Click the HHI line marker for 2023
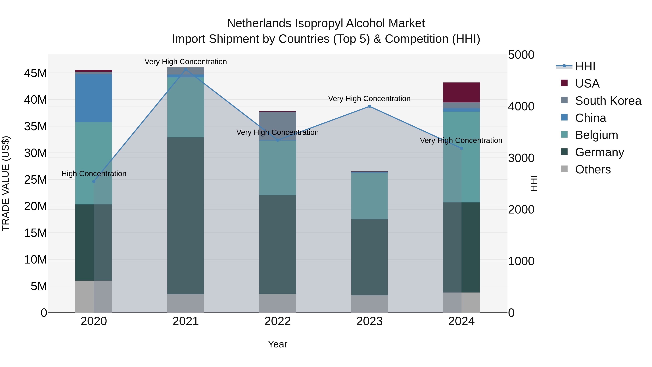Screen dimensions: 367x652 (x=369, y=106)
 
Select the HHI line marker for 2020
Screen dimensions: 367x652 (x=94, y=181)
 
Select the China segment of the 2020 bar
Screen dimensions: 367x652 (x=94, y=98)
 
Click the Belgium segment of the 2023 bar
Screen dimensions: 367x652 (x=369, y=196)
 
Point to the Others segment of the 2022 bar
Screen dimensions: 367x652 (x=277, y=303)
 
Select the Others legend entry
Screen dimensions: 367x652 (x=593, y=169)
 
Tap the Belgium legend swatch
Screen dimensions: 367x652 (x=564, y=134)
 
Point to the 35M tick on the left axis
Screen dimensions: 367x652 (x=35, y=126)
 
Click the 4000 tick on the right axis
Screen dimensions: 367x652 (x=521, y=106)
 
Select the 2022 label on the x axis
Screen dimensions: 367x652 (x=277, y=321)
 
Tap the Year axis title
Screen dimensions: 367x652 (x=277, y=344)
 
